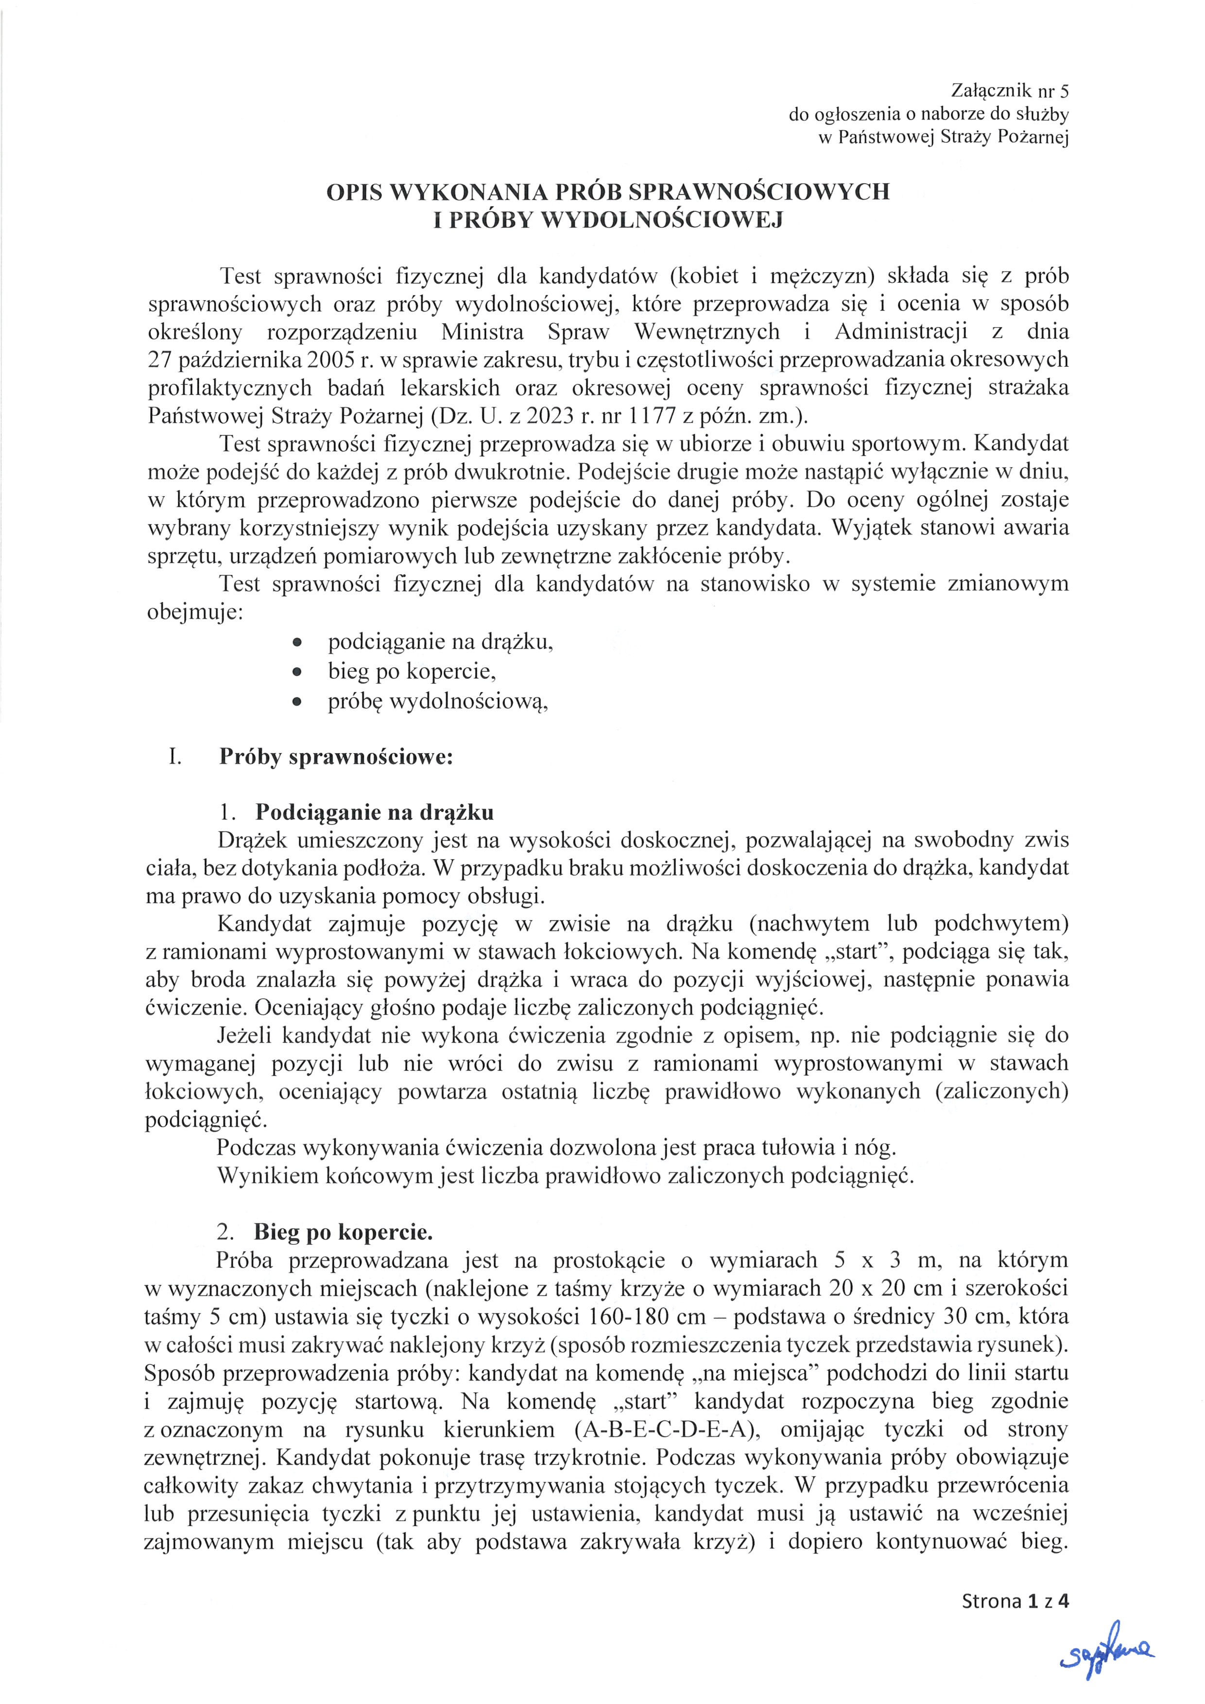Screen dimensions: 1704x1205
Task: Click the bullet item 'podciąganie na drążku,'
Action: [441, 642]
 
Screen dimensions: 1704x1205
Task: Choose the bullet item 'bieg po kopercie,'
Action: [412, 671]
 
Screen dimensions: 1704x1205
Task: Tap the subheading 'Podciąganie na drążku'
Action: [374, 813]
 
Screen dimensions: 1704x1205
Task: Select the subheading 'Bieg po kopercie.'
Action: [343, 1233]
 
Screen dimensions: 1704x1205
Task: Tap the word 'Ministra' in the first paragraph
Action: [482, 332]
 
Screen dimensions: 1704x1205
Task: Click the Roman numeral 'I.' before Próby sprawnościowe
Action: [175, 758]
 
